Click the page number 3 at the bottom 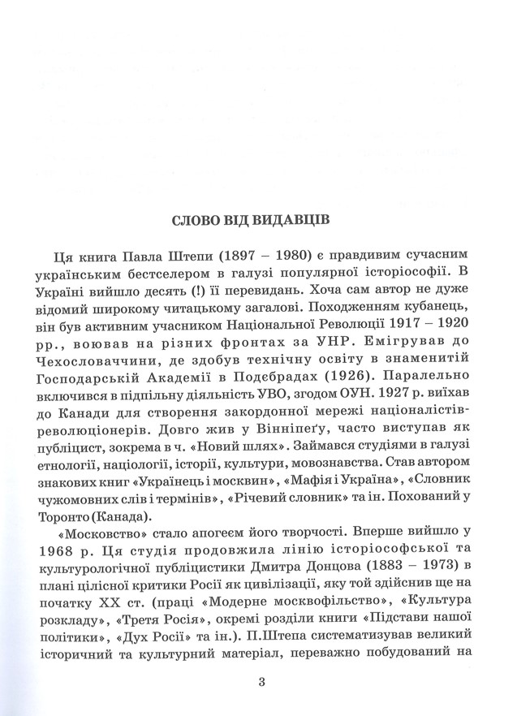pyautogui.click(x=261, y=682)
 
